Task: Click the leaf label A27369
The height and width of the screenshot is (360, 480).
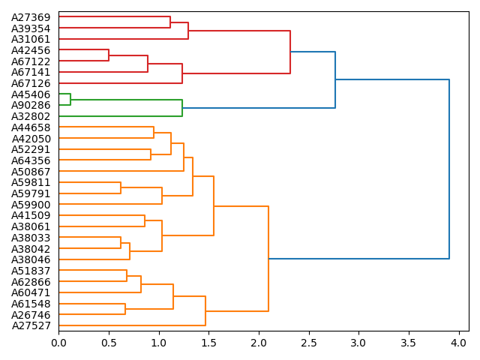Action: click(x=31, y=17)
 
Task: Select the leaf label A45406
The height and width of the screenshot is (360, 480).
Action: click(x=31, y=94)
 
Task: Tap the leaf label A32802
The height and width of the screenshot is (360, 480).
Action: click(x=31, y=116)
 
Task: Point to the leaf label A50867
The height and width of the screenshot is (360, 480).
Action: click(x=31, y=172)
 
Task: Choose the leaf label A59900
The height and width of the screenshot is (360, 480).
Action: click(x=31, y=205)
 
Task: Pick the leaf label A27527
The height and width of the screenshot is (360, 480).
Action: click(x=31, y=325)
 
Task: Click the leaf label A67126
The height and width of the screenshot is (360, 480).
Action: click(x=31, y=83)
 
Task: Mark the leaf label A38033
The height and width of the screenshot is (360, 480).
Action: click(x=31, y=238)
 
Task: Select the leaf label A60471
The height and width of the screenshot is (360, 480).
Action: click(x=31, y=292)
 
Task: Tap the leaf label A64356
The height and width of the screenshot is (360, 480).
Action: click(x=31, y=160)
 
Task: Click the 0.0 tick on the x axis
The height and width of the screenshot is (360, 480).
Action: click(x=58, y=343)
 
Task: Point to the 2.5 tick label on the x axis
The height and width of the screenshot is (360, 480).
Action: click(x=308, y=343)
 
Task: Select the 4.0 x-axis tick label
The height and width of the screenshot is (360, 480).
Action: click(x=458, y=343)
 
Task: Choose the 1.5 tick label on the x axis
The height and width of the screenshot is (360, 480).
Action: click(x=208, y=343)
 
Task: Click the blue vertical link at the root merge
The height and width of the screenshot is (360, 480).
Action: click(x=448, y=169)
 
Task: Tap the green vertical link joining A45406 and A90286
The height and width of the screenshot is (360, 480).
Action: click(x=70, y=100)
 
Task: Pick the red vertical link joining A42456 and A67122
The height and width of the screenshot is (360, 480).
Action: click(x=109, y=55)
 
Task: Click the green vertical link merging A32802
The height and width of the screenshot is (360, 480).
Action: click(x=182, y=108)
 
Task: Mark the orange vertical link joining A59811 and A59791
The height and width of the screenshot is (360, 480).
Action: click(x=121, y=187)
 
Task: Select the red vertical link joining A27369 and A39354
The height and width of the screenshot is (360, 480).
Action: click(x=170, y=22)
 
